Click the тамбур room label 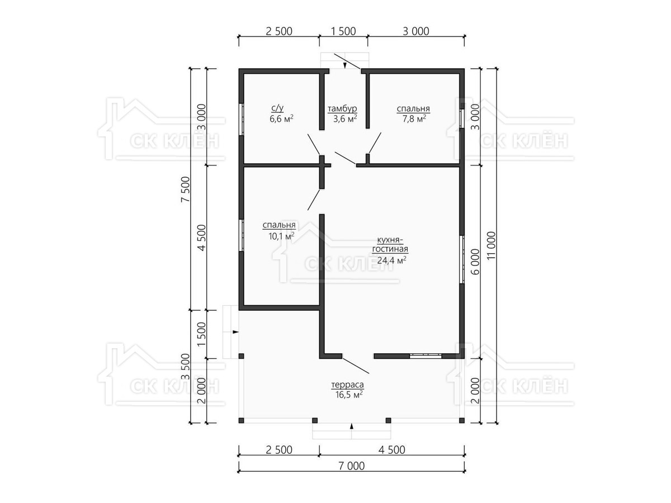[342, 109]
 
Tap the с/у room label [277, 108]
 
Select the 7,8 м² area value [414, 119]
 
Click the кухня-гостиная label [390, 245]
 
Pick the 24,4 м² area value [391, 260]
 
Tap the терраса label [348, 385]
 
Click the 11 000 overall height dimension [492, 245]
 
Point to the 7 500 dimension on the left [186, 189]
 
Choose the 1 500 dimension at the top [343, 31]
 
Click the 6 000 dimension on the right [475, 262]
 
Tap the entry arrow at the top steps [345, 65]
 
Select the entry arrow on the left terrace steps [235, 331]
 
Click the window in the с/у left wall [242, 119]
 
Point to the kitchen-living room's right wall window [462, 259]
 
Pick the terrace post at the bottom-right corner [462, 420]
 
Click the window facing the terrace [426, 355]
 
